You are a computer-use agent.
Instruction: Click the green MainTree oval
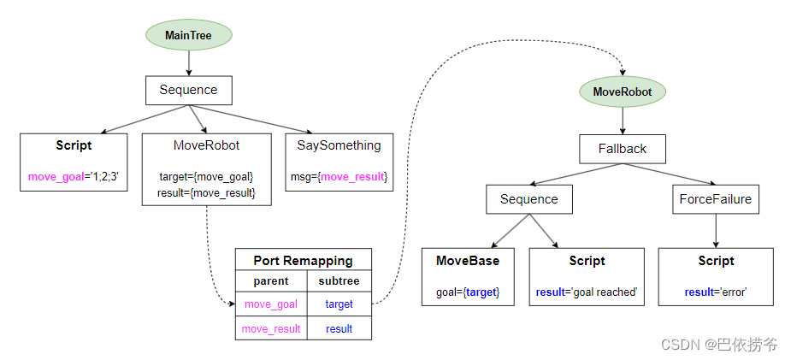[188, 36]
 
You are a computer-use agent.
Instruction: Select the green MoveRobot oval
[623, 91]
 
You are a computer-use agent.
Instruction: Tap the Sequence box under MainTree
[188, 90]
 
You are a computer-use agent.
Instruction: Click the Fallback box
[623, 149]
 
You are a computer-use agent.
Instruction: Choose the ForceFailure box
[715, 199]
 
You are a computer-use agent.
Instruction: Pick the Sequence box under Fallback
[528, 199]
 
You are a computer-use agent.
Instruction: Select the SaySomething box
[339, 162]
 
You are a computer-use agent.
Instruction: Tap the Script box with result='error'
[716, 276]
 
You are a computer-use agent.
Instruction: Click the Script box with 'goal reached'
[587, 276]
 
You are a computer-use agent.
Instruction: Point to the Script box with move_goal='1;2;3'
[74, 162]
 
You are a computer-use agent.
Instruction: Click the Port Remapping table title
[303, 261]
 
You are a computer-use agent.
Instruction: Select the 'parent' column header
[271, 280]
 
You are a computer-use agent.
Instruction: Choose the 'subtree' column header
[339, 280]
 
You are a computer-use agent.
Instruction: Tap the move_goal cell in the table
[271, 304]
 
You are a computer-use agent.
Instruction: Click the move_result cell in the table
[271, 328]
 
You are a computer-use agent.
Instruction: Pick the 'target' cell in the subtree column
[339, 304]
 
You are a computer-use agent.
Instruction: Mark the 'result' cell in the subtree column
[339, 328]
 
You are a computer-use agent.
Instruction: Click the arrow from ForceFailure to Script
[715, 230]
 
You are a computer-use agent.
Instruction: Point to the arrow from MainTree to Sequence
[188, 62]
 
